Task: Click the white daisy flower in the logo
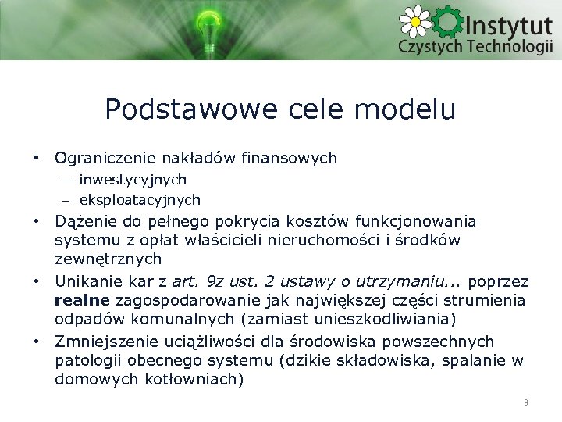415,20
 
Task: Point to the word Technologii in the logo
510,46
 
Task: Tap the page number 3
525,402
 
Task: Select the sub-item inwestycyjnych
133,180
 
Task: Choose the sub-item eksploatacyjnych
140,200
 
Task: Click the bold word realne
83,300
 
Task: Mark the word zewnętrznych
108,259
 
